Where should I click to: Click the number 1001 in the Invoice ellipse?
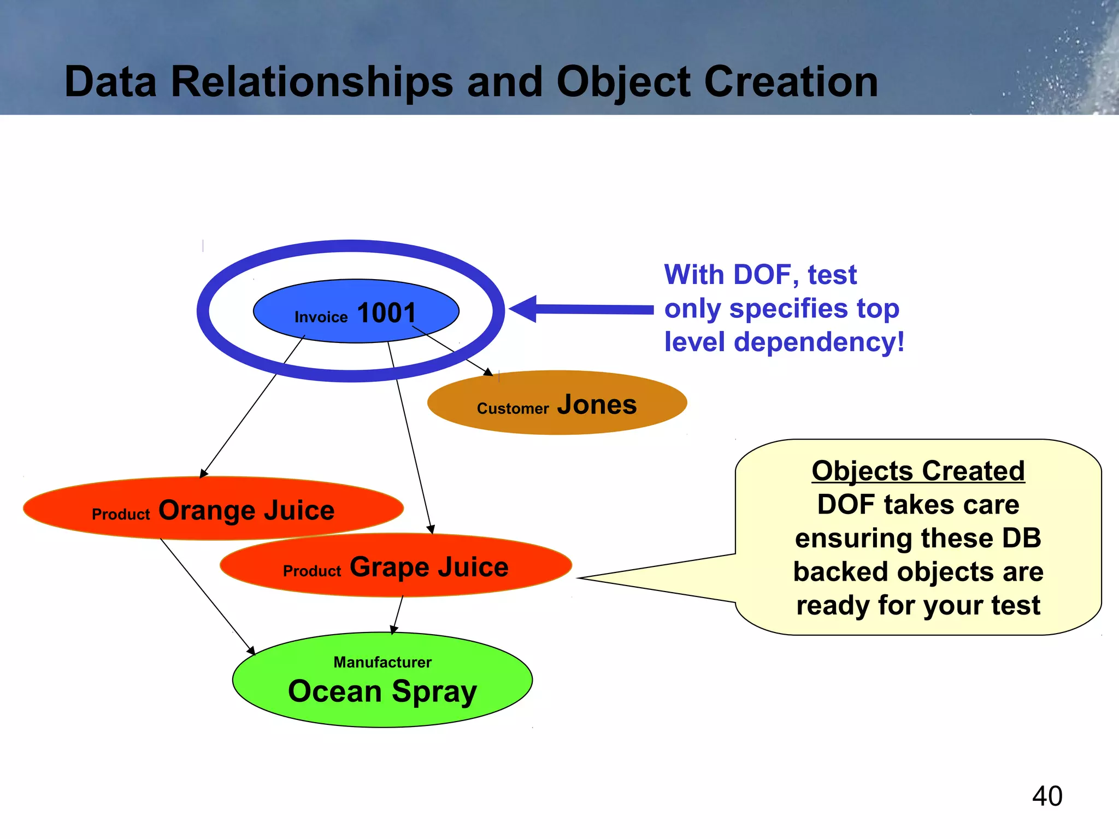386,314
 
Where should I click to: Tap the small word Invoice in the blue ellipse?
321,317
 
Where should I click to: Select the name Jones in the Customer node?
597,405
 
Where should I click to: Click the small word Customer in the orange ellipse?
513,409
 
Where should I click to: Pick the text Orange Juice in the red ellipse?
246,511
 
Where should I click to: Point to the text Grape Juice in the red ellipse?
429,568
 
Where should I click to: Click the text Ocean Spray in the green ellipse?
382,692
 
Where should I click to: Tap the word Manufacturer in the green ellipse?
382,663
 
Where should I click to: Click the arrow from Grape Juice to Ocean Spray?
398,615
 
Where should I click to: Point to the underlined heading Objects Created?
918,471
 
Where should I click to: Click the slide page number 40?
1047,796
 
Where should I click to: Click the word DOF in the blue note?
762,275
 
